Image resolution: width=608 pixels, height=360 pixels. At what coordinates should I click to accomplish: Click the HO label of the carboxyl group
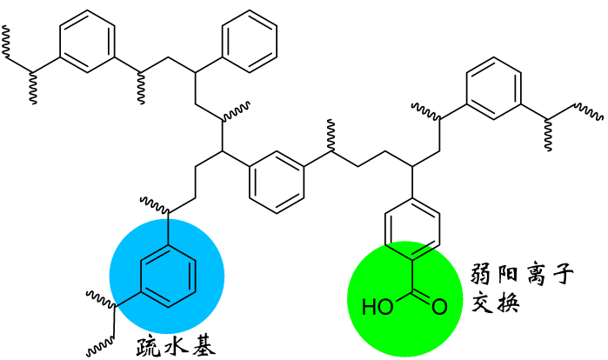coord(377,307)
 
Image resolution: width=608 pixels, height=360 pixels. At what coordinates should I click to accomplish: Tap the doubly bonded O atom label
coord(439,307)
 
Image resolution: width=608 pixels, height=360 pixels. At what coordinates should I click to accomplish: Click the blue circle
coord(167,276)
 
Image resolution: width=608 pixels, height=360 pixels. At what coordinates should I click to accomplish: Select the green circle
coord(404,299)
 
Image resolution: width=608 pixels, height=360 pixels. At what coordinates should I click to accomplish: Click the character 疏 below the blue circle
coord(148,346)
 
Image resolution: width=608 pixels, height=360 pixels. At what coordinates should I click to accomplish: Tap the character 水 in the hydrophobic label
coord(176,346)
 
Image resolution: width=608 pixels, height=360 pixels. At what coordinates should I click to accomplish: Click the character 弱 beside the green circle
coord(482,275)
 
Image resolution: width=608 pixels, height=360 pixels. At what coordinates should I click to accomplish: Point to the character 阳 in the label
coord(508,275)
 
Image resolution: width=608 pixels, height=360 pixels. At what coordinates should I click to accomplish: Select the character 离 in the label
coord(534,275)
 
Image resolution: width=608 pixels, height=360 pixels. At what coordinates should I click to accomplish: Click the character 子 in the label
coord(562,275)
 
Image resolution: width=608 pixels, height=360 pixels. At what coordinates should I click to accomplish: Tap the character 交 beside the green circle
coord(482,302)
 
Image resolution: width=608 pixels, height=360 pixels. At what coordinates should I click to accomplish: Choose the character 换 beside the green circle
coord(508,302)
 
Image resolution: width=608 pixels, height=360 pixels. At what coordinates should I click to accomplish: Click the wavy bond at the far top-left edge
coord(5,43)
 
